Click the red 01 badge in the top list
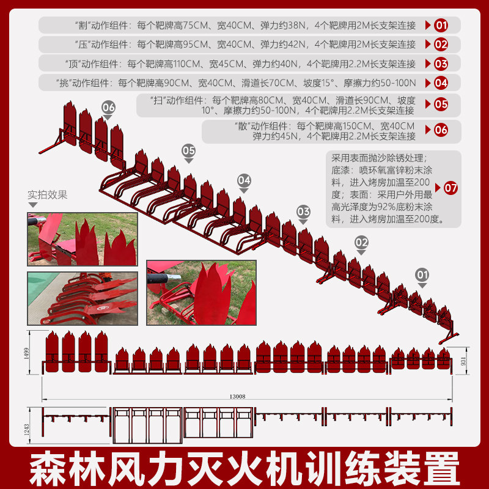(441, 25)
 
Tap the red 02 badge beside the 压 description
(441, 45)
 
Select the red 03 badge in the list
(441, 64)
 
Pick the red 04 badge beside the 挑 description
(441, 83)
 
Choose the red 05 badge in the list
(441, 105)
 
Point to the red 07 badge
(450, 188)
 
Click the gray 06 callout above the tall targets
(108, 108)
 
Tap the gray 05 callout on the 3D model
(188, 150)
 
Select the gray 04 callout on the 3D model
(243, 180)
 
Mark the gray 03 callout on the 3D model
(303, 211)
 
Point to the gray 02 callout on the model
(361, 242)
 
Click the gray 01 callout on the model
(422, 275)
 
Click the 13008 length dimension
(237, 396)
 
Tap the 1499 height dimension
(26, 353)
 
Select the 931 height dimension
(463, 361)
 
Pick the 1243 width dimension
(26, 429)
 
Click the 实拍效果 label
(48, 195)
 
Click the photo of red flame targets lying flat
(83, 298)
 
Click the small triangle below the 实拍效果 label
(33, 205)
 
